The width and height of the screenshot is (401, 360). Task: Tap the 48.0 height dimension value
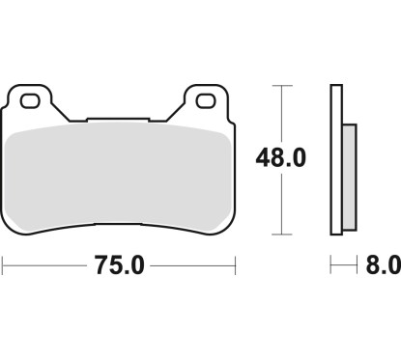click(281, 158)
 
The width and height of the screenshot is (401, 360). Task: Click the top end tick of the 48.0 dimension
click(280, 86)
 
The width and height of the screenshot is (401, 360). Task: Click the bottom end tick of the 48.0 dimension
click(280, 234)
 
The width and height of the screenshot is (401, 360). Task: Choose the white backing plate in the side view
click(336, 159)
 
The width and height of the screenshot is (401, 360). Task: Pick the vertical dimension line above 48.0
click(280, 111)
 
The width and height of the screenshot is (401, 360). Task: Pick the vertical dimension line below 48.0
click(280, 208)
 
